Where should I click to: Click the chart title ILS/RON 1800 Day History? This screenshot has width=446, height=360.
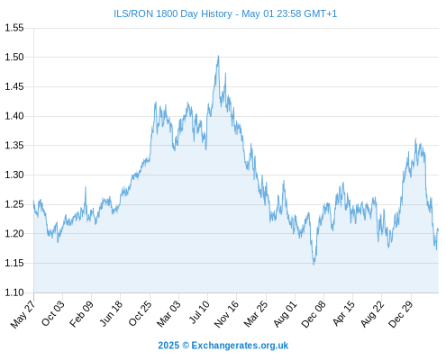click(x=173, y=13)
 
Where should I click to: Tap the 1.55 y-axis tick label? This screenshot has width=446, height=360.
click(x=14, y=28)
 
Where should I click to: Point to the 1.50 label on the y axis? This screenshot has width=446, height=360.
click(x=14, y=57)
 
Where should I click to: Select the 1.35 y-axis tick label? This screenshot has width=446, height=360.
click(x=14, y=146)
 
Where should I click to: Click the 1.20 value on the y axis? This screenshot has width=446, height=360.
click(x=14, y=234)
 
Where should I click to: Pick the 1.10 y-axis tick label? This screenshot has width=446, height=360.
click(x=14, y=292)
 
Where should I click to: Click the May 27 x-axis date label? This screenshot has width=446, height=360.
click(x=23, y=314)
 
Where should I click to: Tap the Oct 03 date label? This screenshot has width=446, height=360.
click(x=53, y=313)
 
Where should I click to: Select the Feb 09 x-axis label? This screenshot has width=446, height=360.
click(x=82, y=314)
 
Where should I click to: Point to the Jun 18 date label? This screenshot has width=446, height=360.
click(x=111, y=313)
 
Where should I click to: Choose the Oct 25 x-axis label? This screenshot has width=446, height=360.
click(x=141, y=313)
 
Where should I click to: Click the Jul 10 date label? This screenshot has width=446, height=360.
click(x=199, y=312)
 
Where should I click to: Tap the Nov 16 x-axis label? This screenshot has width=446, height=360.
click(x=226, y=314)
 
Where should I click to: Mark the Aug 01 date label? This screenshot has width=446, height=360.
click(x=286, y=314)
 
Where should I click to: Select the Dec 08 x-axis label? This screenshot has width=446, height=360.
click(x=314, y=314)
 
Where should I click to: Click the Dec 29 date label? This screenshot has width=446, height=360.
click(x=401, y=314)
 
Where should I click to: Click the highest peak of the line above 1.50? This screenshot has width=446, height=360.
click(x=218, y=56)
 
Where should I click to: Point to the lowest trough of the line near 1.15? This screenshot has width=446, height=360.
click(x=314, y=265)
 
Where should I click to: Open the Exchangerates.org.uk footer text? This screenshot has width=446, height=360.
click(x=240, y=346)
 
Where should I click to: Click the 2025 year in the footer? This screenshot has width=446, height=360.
click(x=168, y=346)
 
